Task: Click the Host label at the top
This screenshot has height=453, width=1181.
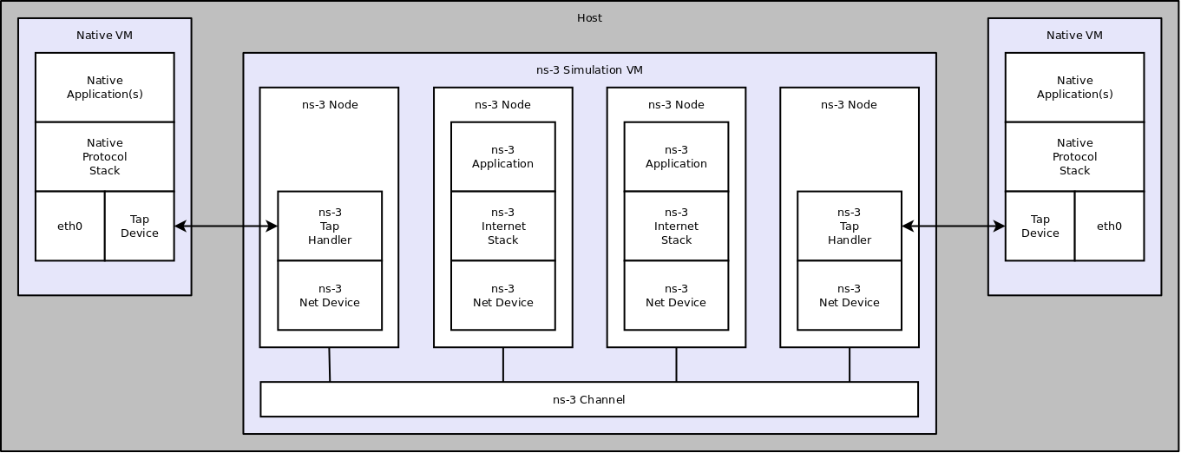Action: coord(589,18)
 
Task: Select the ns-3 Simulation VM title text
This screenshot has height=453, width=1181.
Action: coord(589,70)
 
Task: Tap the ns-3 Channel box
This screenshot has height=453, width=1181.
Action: coord(589,400)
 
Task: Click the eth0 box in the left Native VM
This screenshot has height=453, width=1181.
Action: coord(69,226)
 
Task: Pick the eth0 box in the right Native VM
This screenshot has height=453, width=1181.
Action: coord(1109,226)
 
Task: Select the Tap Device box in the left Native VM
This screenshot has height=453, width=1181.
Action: coord(139,226)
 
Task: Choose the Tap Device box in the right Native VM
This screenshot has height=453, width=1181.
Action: coord(1040,226)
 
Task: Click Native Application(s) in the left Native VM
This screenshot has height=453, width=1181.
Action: coord(104,88)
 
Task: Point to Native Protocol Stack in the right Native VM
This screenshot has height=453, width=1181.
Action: coord(1074,157)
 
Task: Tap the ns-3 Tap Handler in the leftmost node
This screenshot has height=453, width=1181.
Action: coord(330,226)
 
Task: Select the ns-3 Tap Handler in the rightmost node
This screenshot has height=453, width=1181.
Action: coord(849,226)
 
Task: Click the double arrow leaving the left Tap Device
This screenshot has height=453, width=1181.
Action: coord(226,226)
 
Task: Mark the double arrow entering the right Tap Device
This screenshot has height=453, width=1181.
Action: coord(954,226)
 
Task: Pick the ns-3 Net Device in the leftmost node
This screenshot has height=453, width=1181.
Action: coord(330,296)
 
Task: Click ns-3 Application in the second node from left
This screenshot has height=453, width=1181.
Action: coord(502,157)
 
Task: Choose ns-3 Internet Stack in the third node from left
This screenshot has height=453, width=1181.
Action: coord(676,226)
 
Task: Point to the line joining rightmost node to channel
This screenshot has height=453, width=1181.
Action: coord(850,364)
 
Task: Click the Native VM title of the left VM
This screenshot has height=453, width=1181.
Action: coord(104,36)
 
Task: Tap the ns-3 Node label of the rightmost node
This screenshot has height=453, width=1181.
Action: coord(849,105)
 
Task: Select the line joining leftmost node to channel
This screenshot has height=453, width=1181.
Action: coord(329,364)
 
